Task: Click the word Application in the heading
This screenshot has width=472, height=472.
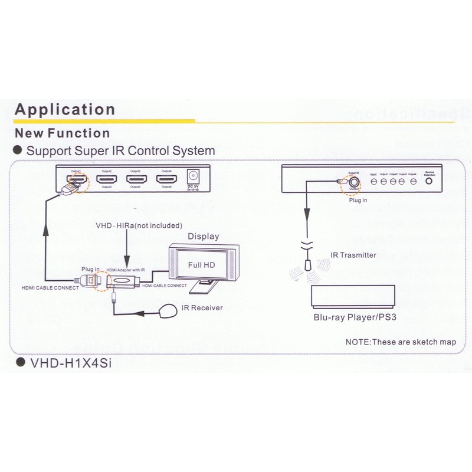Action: (64, 110)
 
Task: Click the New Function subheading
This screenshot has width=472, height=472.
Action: (62, 133)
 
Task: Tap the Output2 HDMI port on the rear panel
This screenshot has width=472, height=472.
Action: (107, 179)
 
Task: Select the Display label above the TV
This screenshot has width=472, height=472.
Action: (203, 237)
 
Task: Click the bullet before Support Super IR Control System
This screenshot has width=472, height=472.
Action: (18, 150)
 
